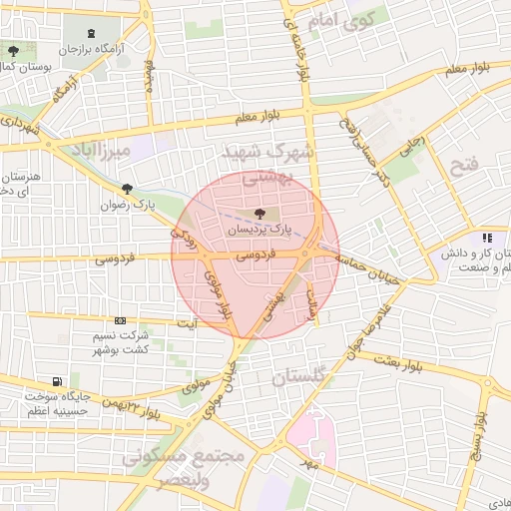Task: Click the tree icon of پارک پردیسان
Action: tap(260, 213)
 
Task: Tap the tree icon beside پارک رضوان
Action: tap(127, 188)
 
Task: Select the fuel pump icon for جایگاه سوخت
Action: tap(57, 381)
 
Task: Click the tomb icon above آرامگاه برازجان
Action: tap(92, 33)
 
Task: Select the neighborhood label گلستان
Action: tap(304, 379)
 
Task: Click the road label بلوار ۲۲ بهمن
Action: tap(129, 407)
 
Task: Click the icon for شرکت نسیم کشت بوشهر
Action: tap(121, 320)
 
